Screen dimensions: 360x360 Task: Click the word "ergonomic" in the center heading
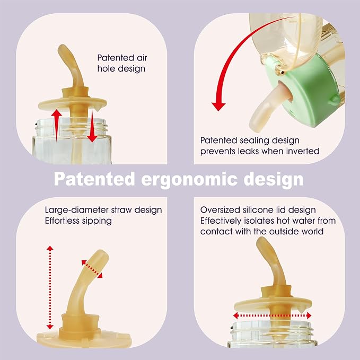[x=189, y=180]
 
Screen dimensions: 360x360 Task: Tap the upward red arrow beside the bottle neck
[x=56, y=125]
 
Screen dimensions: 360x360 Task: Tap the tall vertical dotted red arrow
[x=50, y=287]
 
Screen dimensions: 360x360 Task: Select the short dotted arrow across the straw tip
[x=92, y=269]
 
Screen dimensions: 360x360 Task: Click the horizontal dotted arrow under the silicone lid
[x=272, y=315]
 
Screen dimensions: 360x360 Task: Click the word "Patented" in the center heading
[x=94, y=179]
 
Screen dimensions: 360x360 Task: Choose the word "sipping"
[x=97, y=221]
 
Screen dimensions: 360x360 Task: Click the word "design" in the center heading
[x=274, y=180]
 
